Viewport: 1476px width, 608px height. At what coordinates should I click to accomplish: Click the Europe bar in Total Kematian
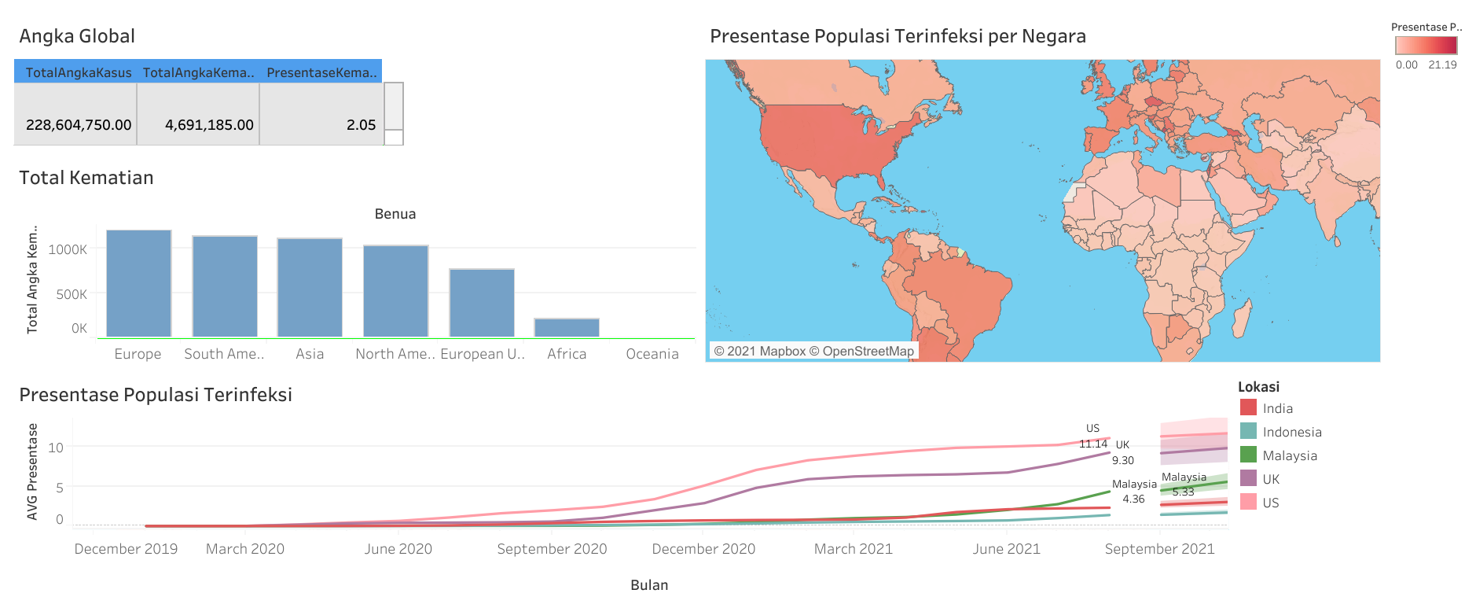pos(138,283)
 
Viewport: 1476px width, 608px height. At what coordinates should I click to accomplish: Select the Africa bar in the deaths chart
pos(567,328)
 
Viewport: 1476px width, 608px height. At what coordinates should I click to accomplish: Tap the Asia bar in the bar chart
pos(310,287)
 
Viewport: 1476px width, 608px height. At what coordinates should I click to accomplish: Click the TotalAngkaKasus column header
pos(79,72)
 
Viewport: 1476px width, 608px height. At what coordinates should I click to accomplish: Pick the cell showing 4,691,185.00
pos(209,124)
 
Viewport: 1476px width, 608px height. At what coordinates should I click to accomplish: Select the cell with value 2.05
pos(361,124)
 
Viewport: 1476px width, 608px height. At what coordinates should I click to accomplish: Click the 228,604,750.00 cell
pos(79,124)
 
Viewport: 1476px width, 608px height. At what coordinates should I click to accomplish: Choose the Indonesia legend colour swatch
pos(1248,431)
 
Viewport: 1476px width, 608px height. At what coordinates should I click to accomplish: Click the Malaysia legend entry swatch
pos(1248,455)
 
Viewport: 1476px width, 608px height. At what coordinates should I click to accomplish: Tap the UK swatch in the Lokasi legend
pos(1248,478)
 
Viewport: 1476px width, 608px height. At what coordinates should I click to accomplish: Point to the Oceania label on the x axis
pos(652,354)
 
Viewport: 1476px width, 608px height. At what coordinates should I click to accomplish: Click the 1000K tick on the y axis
pos(68,249)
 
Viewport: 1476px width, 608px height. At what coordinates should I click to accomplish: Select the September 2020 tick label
pos(552,549)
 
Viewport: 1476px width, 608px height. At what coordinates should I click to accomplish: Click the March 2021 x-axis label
pos(854,549)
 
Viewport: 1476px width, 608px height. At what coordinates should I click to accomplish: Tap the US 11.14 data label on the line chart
pos(1092,437)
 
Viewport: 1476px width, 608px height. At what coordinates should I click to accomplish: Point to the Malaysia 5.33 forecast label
pos(1184,485)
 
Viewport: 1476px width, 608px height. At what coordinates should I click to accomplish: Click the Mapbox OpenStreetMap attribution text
pos(813,351)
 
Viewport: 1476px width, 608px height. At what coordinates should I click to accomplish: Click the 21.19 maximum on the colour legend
pos(1442,65)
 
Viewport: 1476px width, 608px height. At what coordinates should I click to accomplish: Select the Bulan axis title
pos(649,585)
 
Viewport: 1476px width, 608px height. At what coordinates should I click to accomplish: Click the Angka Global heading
pos(77,36)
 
